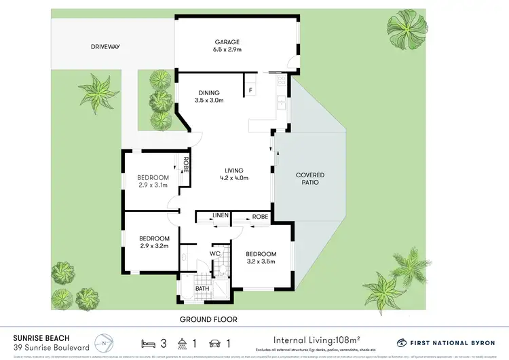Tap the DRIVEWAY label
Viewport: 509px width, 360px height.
click(105, 47)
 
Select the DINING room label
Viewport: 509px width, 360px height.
click(210, 93)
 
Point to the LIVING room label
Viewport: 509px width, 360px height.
click(234, 170)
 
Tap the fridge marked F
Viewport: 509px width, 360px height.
click(250, 90)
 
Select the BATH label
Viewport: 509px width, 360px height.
click(203, 289)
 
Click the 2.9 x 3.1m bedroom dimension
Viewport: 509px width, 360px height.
click(152, 185)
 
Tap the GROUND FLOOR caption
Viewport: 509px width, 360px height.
click(208, 319)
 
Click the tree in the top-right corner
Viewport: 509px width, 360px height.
click(407, 30)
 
